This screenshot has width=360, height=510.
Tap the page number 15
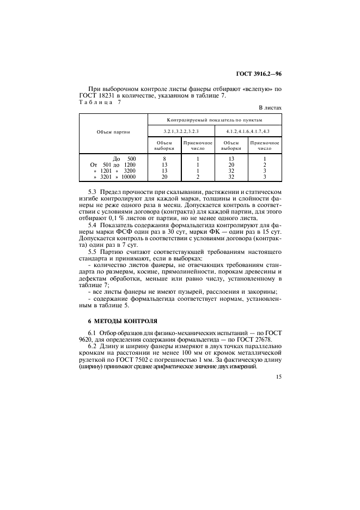point(278,377)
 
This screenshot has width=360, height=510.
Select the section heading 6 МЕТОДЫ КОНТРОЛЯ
point(118,321)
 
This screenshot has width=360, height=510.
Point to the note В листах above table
point(270,108)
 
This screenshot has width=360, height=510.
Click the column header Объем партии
point(113,132)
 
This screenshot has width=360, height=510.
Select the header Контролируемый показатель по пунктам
point(215,119)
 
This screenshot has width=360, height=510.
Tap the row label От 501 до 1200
point(113,165)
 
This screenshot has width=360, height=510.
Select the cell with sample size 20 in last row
point(164,177)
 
